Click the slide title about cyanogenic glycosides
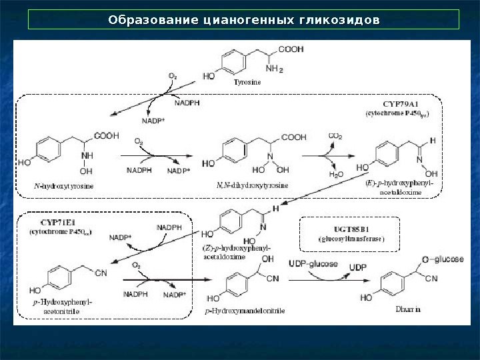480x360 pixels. pos(244,19)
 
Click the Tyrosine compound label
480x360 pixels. pos(247,83)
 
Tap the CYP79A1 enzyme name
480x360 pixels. pos(400,104)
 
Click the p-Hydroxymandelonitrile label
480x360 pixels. pos(245,311)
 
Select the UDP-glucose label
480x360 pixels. pos(313,265)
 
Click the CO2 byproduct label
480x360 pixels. pos(335,137)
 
